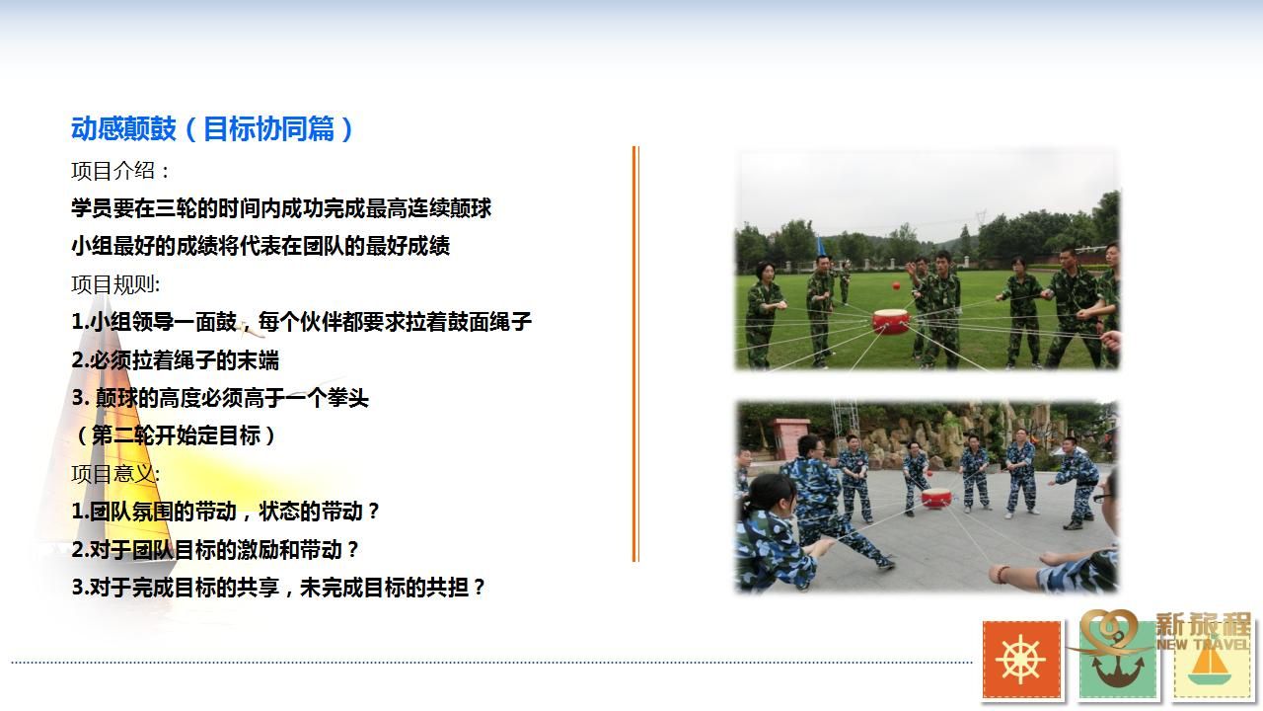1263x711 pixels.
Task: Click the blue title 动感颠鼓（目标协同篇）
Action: click(x=212, y=128)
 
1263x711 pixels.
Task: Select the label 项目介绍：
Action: click(x=120, y=171)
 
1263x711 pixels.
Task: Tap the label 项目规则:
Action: click(x=115, y=284)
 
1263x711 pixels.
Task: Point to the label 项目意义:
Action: click(x=115, y=474)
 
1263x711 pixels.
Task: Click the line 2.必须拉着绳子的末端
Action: click(x=176, y=360)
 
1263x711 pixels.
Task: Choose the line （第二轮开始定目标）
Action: click(x=176, y=435)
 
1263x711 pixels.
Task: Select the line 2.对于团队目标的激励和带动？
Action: click(x=215, y=550)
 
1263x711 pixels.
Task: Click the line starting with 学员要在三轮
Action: click(x=281, y=208)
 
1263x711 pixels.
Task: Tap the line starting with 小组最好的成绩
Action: click(x=260, y=246)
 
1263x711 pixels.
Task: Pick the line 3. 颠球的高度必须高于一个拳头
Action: click(x=220, y=398)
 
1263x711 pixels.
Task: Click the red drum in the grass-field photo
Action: click(x=890, y=322)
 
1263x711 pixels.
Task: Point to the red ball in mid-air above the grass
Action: click(x=896, y=285)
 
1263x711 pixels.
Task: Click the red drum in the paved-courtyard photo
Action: click(x=936, y=498)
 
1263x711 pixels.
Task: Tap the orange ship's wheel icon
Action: click(x=1021, y=660)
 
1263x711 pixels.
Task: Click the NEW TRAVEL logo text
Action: click(x=1203, y=644)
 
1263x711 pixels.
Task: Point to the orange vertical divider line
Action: click(x=635, y=355)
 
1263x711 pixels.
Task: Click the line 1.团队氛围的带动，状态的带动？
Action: click(x=226, y=512)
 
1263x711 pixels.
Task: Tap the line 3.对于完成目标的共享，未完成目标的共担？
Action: click(x=278, y=588)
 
